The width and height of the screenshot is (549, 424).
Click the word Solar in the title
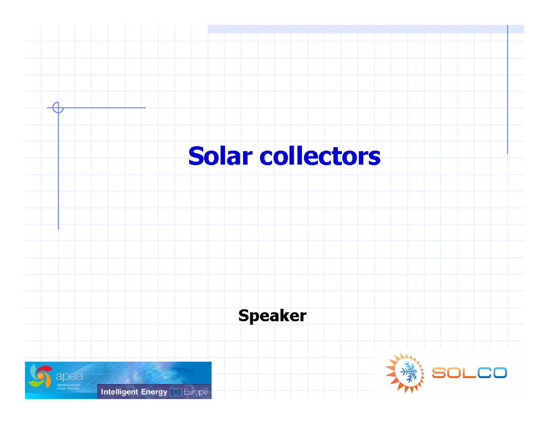tap(220, 156)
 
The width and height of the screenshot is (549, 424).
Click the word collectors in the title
tap(320, 156)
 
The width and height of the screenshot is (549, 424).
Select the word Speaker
tap(272, 316)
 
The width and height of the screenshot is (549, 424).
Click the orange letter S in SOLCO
tap(439, 373)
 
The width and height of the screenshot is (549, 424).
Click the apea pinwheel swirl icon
tap(40, 376)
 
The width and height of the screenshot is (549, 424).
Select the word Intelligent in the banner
tap(120, 392)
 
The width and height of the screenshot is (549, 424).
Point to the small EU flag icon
tap(176, 392)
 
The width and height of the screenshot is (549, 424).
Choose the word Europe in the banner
tap(195, 392)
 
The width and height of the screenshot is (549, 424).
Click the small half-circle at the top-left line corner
tap(56, 107)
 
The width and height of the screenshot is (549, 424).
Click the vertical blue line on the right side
tap(507, 91)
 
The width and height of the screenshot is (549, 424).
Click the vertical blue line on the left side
tap(59, 174)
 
